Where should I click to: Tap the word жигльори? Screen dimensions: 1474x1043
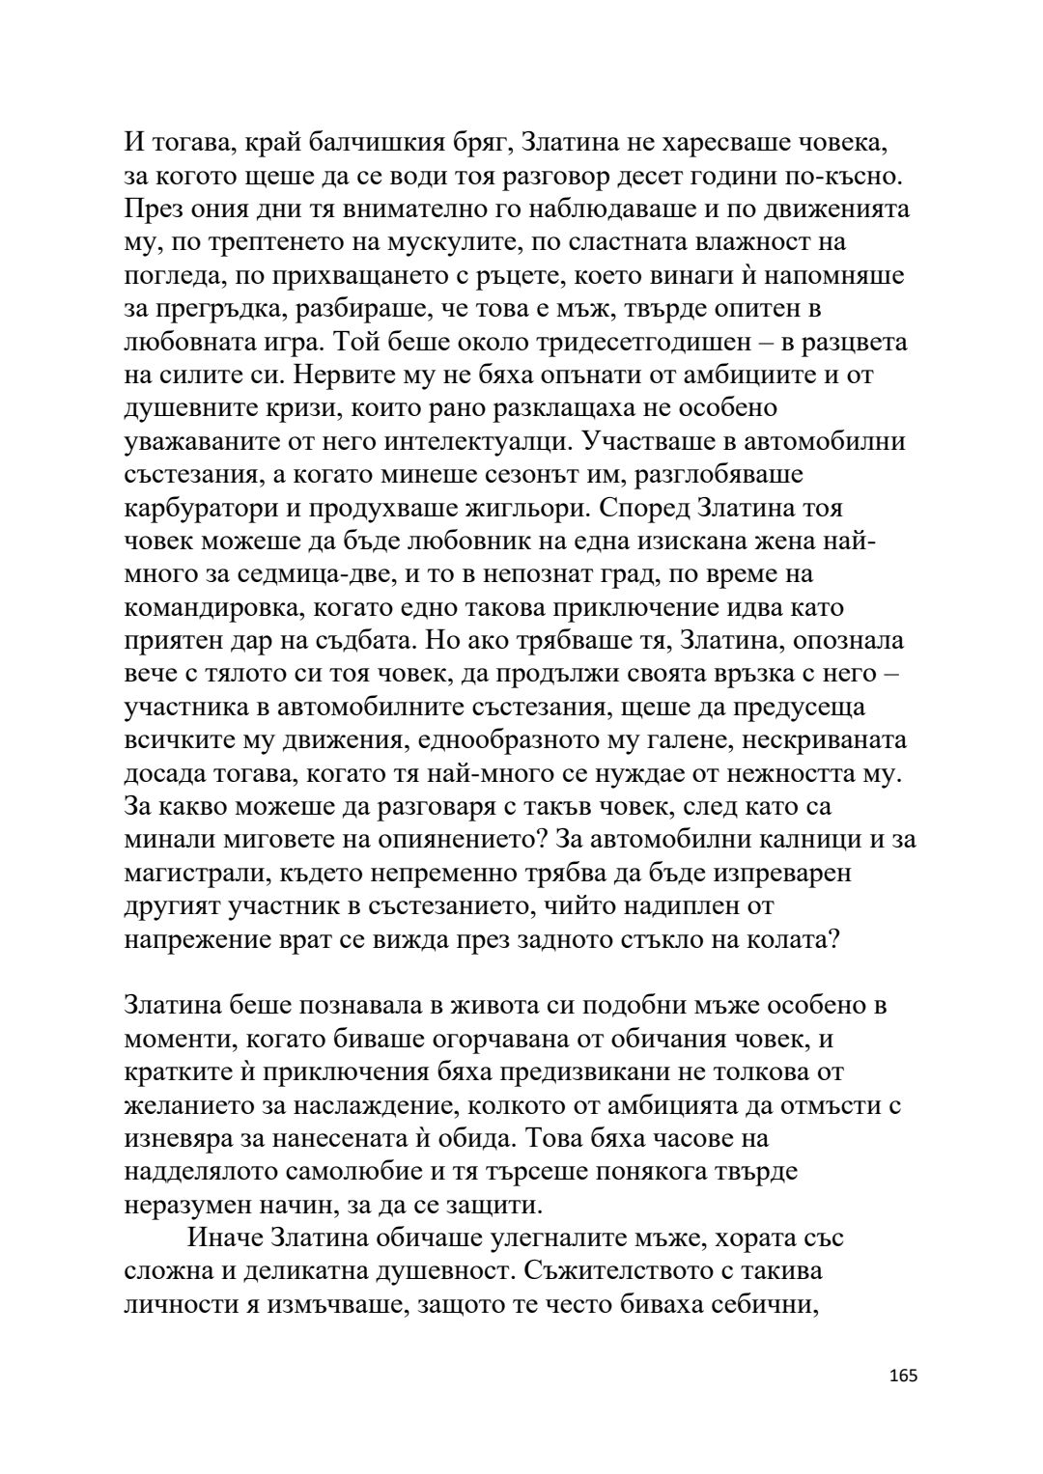pos(554,509)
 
